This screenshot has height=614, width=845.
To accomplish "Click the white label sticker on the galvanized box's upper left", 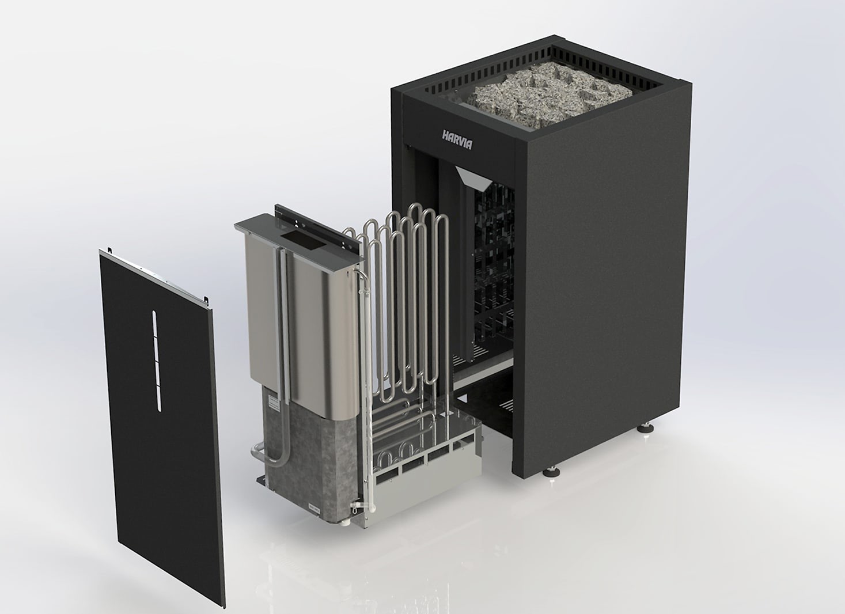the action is coord(274,404).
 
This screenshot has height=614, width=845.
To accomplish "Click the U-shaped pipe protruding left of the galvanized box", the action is coord(260,454).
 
